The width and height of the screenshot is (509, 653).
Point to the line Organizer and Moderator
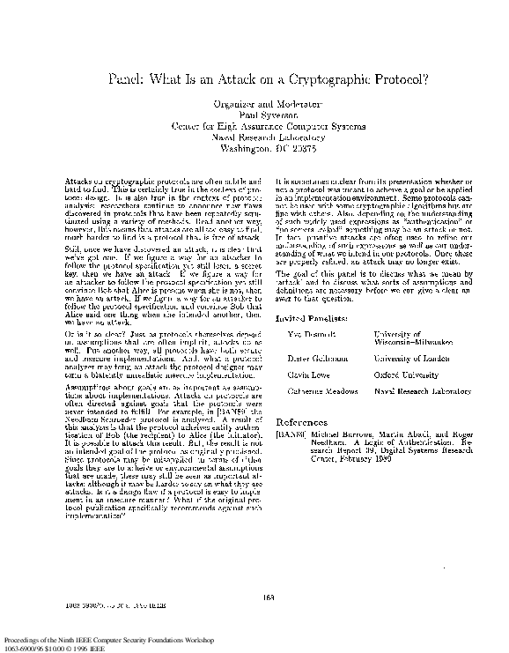click(x=255, y=105)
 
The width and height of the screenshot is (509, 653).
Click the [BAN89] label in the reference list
click(x=290, y=435)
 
